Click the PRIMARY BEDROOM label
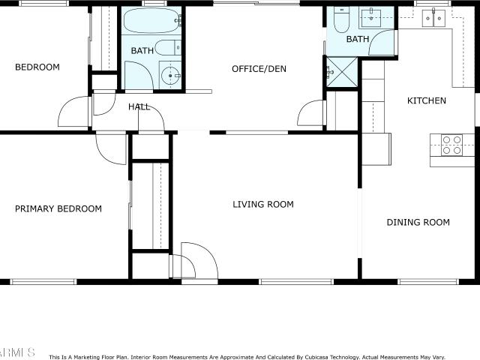[x=58, y=208]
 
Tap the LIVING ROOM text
[x=263, y=204]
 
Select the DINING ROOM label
[x=418, y=222]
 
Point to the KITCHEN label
[x=427, y=100]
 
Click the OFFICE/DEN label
[x=259, y=69]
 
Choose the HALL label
[x=139, y=106]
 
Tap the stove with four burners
[x=451, y=145]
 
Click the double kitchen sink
[x=433, y=18]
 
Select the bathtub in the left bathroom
[x=151, y=20]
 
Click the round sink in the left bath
[x=170, y=75]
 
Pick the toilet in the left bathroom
[x=168, y=48]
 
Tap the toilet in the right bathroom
[x=341, y=19]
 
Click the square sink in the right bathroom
[x=371, y=18]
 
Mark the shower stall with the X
[x=342, y=72]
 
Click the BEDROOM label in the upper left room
[x=37, y=67]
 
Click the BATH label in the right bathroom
[x=358, y=39]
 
